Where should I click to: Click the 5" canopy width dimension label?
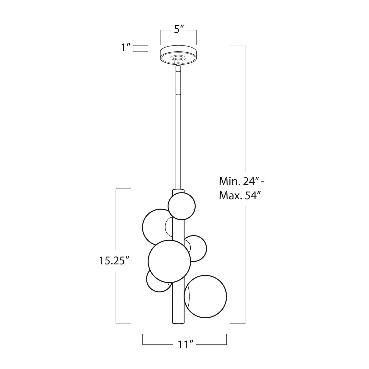(179, 30)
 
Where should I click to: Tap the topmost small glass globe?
(181, 206)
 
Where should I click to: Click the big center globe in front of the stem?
(169, 261)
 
